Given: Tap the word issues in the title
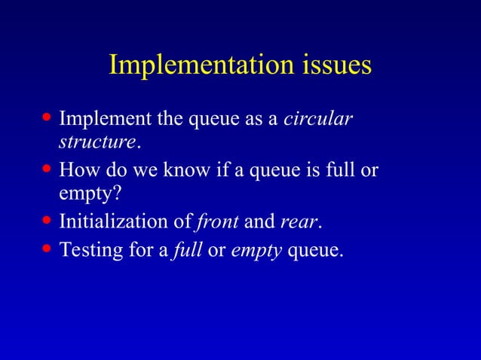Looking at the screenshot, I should [x=333, y=65].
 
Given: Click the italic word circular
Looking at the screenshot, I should [x=318, y=120].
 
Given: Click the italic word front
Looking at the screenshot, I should [x=217, y=222].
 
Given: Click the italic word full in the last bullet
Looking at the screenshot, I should [x=187, y=249].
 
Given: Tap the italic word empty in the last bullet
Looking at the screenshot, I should [x=256, y=250].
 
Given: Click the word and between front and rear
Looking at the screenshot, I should [x=259, y=222].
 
